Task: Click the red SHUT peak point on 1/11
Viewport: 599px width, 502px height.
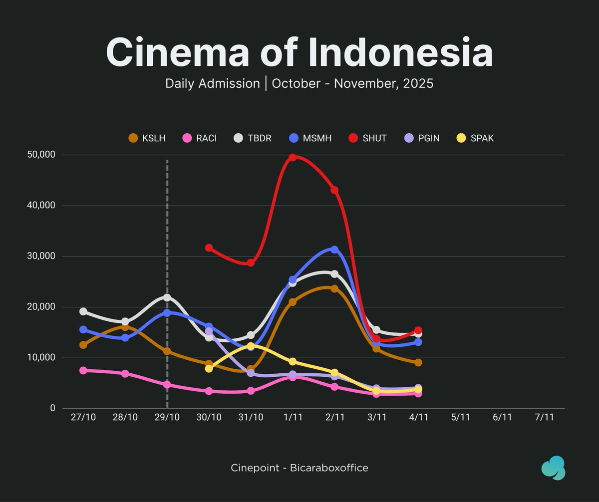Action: (293, 157)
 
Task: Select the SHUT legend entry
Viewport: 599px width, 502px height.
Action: (368, 138)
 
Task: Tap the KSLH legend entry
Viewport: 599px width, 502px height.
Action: (147, 138)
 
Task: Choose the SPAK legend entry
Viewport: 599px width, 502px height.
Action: (476, 138)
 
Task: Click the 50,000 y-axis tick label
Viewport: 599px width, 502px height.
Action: (41, 155)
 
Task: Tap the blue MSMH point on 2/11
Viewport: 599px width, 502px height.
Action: (334, 250)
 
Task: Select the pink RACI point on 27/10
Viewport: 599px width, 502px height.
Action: (83, 370)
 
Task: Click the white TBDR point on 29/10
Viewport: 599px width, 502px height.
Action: (167, 297)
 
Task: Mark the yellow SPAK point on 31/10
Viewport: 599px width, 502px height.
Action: (251, 346)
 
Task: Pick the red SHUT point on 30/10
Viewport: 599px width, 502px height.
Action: (209, 248)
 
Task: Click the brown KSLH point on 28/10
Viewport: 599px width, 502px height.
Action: (125, 327)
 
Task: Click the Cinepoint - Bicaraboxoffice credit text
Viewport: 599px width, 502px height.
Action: (299, 468)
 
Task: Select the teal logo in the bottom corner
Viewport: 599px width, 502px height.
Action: (553, 468)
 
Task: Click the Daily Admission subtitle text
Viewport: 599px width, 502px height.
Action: (212, 83)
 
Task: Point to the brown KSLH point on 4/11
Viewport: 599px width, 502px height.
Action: (418, 362)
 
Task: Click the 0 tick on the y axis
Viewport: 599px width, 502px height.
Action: (52, 408)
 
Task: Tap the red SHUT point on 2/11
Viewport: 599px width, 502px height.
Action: (334, 190)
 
